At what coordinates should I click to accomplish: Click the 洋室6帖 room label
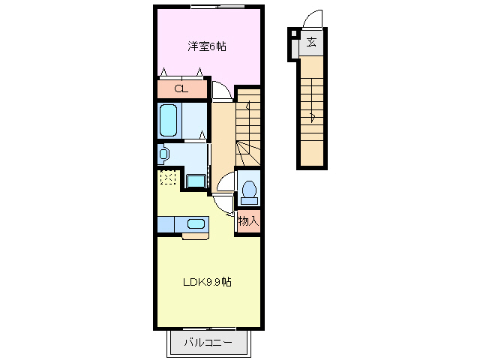(x=207, y=46)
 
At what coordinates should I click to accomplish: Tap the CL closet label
(x=180, y=89)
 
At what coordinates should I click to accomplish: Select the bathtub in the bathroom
(x=168, y=120)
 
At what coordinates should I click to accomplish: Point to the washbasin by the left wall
(x=164, y=154)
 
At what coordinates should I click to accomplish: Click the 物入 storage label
(x=248, y=221)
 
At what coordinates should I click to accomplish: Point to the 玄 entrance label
(x=310, y=42)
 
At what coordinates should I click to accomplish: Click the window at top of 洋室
(x=217, y=7)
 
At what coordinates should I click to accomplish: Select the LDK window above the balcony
(x=209, y=328)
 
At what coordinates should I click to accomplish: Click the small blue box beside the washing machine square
(x=195, y=180)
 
